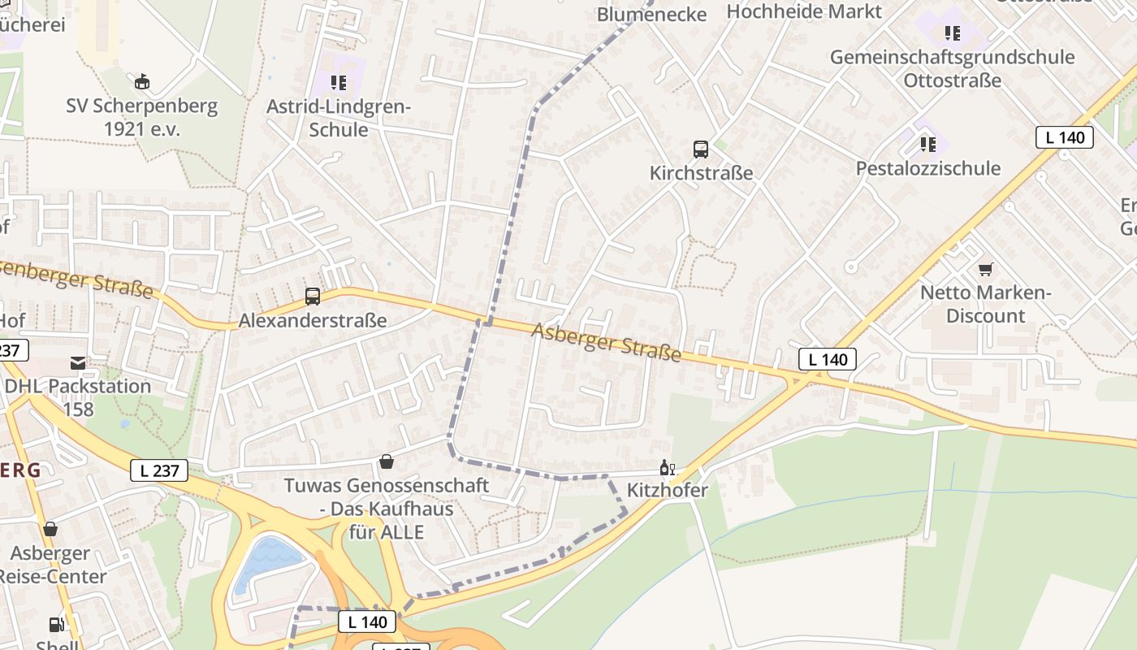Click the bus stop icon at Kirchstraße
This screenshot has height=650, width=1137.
point(701,149)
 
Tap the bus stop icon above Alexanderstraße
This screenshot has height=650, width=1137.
point(313,297)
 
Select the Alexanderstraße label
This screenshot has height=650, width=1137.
point(313,321)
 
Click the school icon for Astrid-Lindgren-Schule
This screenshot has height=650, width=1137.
point(339,82)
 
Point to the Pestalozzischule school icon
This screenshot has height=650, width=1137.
point(928,145)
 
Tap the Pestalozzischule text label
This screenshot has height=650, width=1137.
point(928,168)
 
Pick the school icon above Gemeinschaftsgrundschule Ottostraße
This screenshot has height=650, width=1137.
point(952,33)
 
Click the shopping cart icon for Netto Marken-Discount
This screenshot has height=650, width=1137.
point(986,269)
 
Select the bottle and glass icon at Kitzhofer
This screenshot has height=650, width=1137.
point(668,467)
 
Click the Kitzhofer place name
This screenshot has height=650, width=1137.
point(668,490)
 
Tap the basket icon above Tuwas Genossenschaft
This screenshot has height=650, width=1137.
point(387,461)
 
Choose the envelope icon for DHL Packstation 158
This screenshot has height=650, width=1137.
point(78,363)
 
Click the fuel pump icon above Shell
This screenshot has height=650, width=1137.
point(57,625)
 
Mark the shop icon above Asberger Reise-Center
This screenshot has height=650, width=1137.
point(50,530)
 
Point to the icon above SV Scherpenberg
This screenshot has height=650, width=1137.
point(142,81)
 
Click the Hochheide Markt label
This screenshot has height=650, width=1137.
point(804,11)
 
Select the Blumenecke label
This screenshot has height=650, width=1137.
point(651,14)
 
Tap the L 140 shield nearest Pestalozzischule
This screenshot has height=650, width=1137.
point(1064,137)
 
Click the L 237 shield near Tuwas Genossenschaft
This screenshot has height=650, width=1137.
point(159,470)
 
